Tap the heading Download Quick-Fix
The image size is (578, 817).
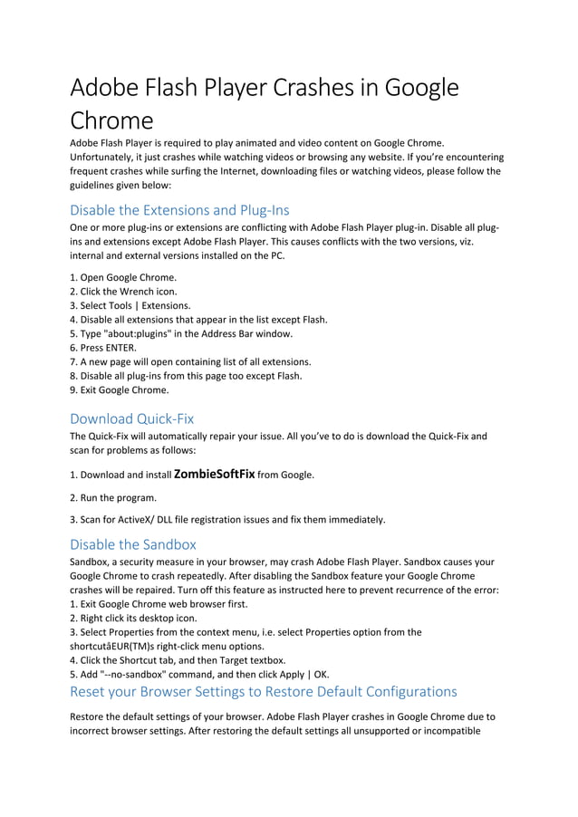point(131,418)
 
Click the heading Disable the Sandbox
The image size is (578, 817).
point(132,544)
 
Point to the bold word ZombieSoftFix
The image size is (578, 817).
point(214,474)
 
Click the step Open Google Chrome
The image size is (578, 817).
point(123,277)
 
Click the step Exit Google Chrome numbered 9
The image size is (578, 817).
point(119,390)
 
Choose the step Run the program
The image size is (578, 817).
point(113,497)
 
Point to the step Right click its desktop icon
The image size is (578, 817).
point(133,618)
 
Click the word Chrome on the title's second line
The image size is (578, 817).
point(111,120)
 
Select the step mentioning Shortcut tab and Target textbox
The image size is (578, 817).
point(178,660)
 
